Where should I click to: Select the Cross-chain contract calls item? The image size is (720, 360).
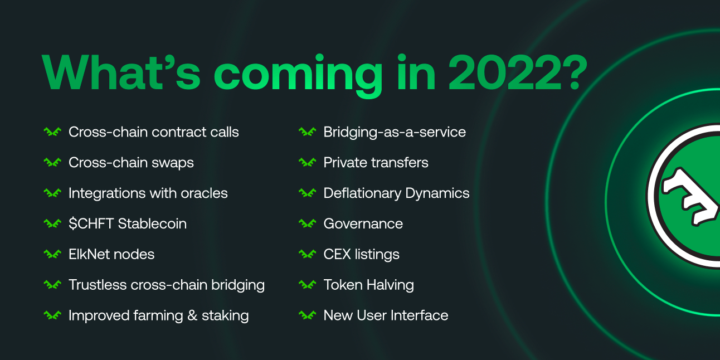[x=153, y=132]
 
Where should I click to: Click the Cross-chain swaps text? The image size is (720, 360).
[x=131, y=163]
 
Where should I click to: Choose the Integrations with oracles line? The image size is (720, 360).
[x=148, y=193]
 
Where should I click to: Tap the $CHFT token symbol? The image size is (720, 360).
[x=90, y=224]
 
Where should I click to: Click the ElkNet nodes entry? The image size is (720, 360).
[x=111, y=254]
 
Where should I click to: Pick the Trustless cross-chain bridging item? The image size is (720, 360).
[x=166, y=285]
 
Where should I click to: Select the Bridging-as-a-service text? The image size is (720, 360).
[x=395, y=132]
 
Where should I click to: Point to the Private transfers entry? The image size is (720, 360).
[x=376, y=163]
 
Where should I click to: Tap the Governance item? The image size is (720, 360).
[x=363, y=224]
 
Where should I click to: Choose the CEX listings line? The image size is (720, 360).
[x=361, y=254]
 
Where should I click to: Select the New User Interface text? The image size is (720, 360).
[x=386, y=315]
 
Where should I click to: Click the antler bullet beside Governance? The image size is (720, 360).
[x=307, y=224]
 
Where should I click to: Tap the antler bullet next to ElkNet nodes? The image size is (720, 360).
[x=52, y=254]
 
